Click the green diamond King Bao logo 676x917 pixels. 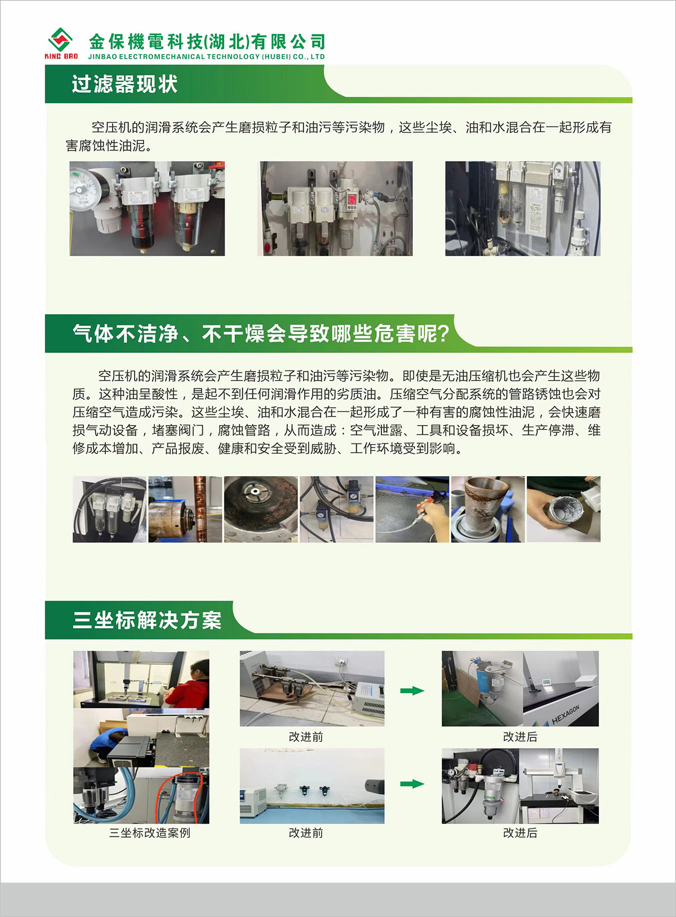[61, 39]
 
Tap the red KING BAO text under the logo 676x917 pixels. [61, 56]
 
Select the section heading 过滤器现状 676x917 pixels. [124, 84]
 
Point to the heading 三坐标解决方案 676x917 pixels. [147, 620]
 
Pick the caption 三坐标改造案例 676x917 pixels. [149, 833]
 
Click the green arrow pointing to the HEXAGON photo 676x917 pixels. [412, 691]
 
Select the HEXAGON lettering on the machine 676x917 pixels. [566, 715]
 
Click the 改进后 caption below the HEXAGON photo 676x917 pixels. [520, 737]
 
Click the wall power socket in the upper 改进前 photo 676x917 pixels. [342, 660]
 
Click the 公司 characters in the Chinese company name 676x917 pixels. [308, 42]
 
